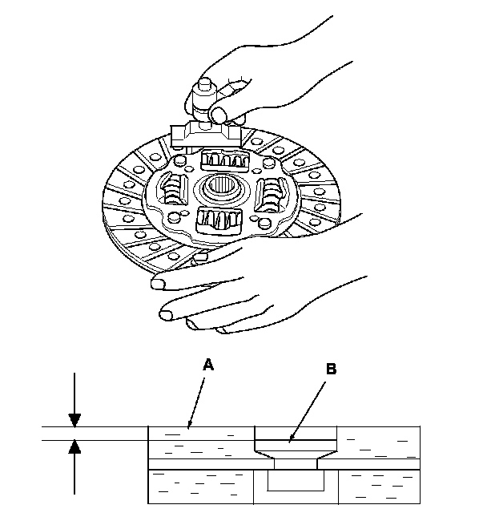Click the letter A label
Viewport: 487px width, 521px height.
pos(208,364)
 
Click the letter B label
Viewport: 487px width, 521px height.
pos(331,370)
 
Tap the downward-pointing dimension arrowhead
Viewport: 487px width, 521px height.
pos(74,419)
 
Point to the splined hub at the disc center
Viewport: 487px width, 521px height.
pos(218,190)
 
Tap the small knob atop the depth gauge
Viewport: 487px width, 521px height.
pos(203,86)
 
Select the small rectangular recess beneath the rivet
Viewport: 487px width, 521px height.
pos(296,481)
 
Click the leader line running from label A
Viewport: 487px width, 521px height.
pos(198,397)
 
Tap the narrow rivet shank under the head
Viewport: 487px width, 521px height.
pos(296,463)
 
